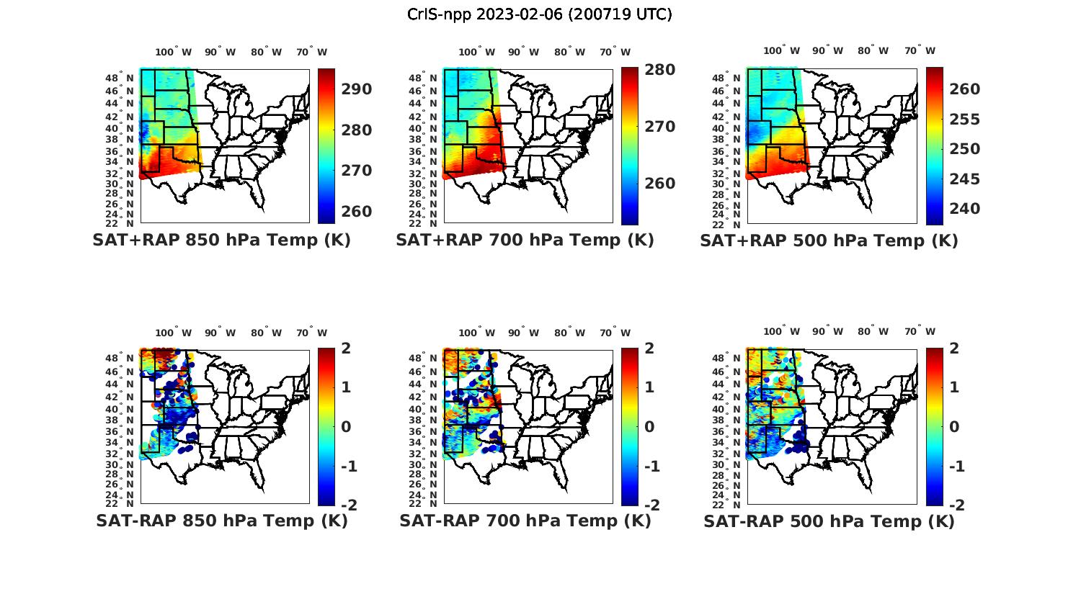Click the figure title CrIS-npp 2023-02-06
tap(540, 14)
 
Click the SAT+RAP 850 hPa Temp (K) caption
tap(221, 240)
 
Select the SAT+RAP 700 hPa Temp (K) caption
tap(525, 240)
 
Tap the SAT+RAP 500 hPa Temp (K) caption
tap(829, 240)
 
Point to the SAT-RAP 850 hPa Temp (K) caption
tap(221, 521)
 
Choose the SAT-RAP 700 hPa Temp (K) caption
tap(525, 521)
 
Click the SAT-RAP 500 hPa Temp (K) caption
tap(829, 521)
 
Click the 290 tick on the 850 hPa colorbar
tap(355, 89)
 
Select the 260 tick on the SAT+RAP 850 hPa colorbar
tap(355, 212)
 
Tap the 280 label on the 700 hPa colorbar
tap(659, 70)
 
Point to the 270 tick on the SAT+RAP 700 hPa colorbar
tap(659, 127)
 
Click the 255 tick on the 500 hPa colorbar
tap(964, 120)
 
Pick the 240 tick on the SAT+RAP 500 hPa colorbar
tap(964, 209)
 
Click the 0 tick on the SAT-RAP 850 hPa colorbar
tap(345, 427)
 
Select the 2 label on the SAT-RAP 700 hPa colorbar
tap(649, 348)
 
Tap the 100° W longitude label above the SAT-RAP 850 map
tap(173, 333)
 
